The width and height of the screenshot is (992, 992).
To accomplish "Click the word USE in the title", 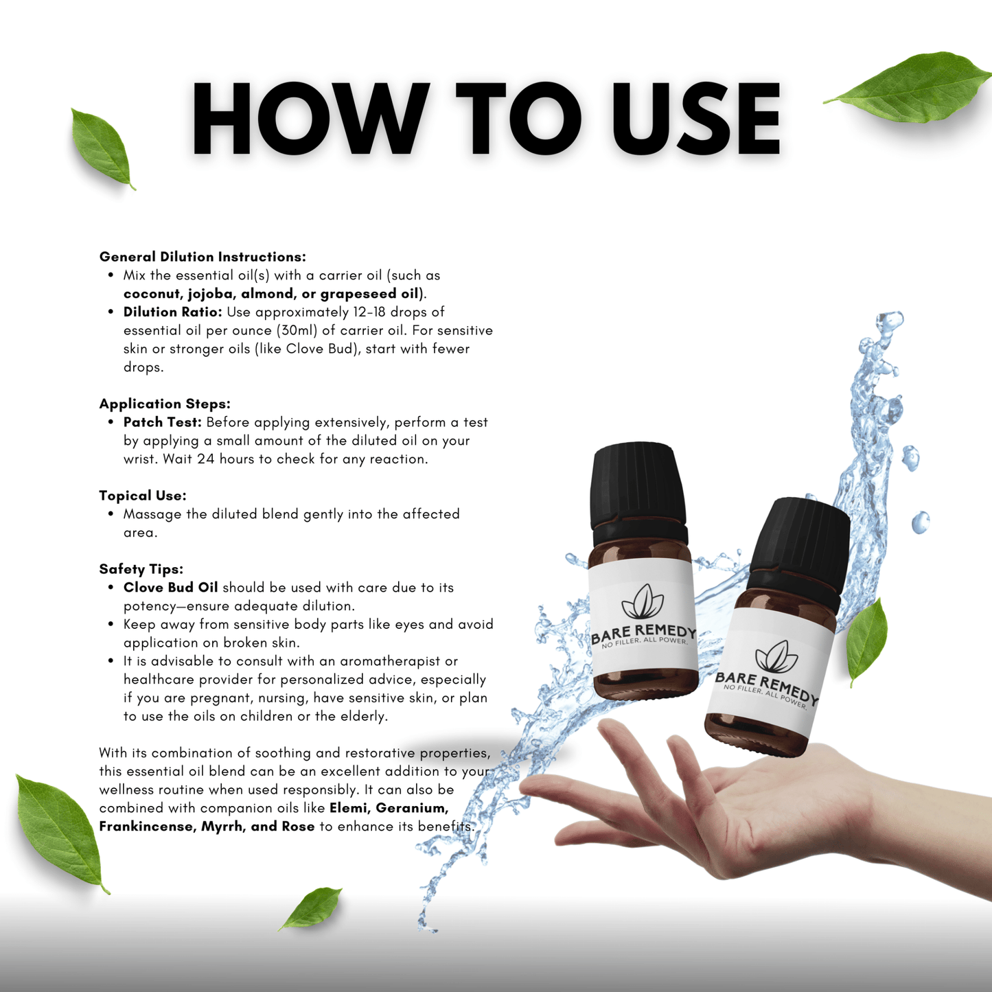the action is click(x=696, y=119).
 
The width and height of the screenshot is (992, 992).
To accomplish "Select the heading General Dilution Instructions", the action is click(x=203, y=257).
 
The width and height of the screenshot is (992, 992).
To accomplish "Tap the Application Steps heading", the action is click(x=165, y=404).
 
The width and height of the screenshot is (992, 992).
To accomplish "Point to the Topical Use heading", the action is click(x=143, y=496).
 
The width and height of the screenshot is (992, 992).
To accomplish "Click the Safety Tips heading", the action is click(x=141, y=569).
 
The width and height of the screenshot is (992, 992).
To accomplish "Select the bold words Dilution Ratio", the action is click(x=172, y=312).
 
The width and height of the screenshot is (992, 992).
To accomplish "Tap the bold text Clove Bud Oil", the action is click(x=170, y=588).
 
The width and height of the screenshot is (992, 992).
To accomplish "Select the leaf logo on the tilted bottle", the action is click(x=776, y=656).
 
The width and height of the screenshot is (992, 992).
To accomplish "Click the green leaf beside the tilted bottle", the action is click(x=867, y=641).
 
